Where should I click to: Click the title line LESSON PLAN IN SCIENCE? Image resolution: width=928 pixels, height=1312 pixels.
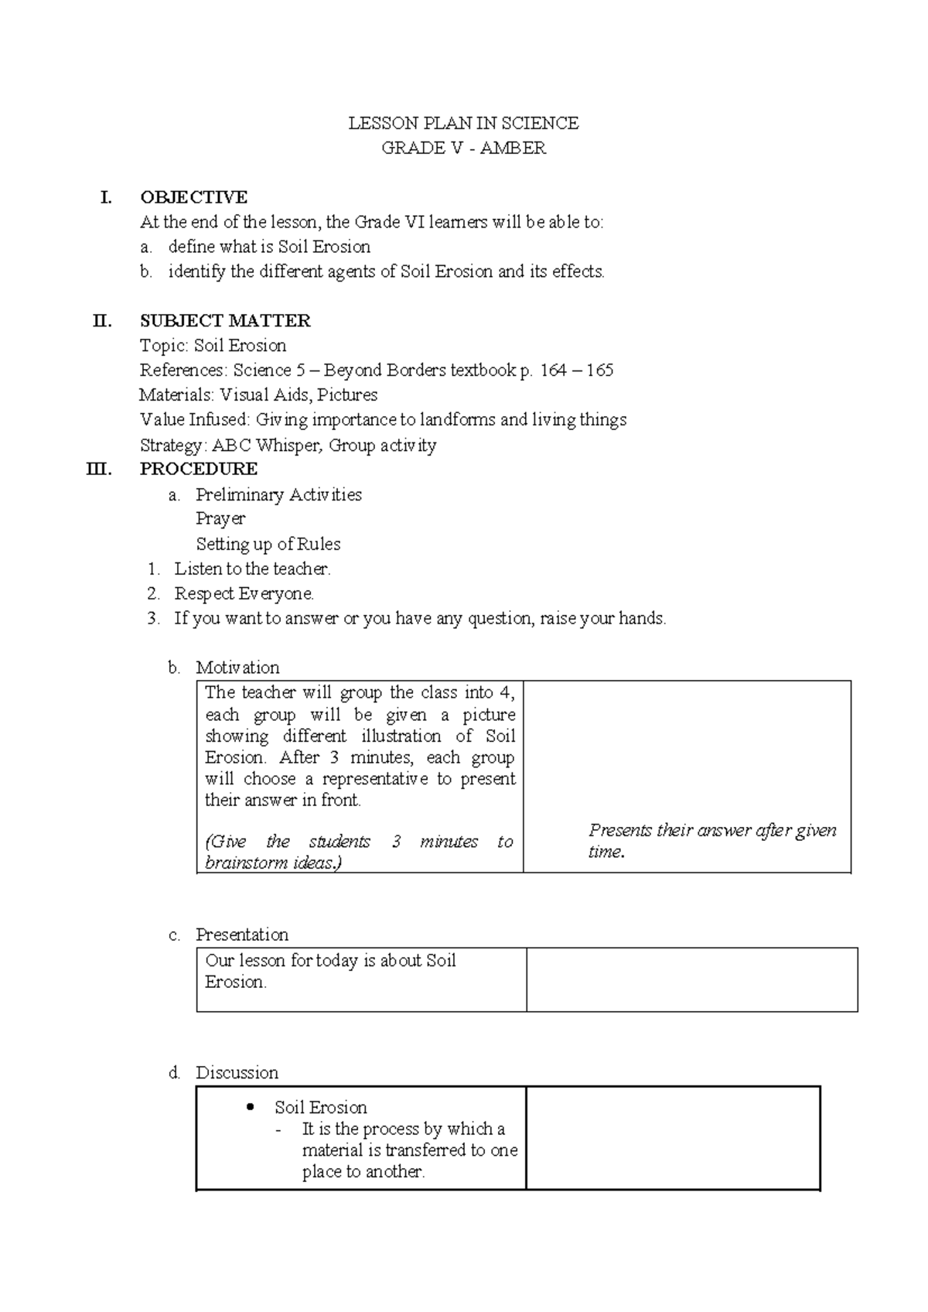(463, 123)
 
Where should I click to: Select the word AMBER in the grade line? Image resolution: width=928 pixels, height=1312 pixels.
(513, 148)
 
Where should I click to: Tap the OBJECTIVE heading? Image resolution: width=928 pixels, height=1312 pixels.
(193, 197)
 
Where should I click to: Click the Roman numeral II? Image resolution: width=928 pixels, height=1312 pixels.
(102, 321)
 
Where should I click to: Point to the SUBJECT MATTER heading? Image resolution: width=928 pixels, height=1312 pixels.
(225, 321)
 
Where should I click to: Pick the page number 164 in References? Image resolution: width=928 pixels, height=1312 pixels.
(553, 371)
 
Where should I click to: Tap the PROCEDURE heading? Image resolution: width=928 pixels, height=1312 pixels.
(199, 469)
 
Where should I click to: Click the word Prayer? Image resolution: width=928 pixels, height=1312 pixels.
(220, 518)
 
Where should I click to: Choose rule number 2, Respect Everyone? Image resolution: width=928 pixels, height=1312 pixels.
(244, 593)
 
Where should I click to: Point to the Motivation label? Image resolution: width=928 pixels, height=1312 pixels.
(237, 667)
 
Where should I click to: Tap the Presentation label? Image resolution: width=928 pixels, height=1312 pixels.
(241, 934)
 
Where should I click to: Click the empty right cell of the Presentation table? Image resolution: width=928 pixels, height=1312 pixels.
(691, 979)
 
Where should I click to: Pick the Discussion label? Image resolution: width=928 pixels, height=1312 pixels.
(237, 1072)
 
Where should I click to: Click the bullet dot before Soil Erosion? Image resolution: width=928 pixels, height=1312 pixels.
(249, 1107)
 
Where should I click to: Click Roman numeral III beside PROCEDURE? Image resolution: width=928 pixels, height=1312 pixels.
(100, 469)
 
